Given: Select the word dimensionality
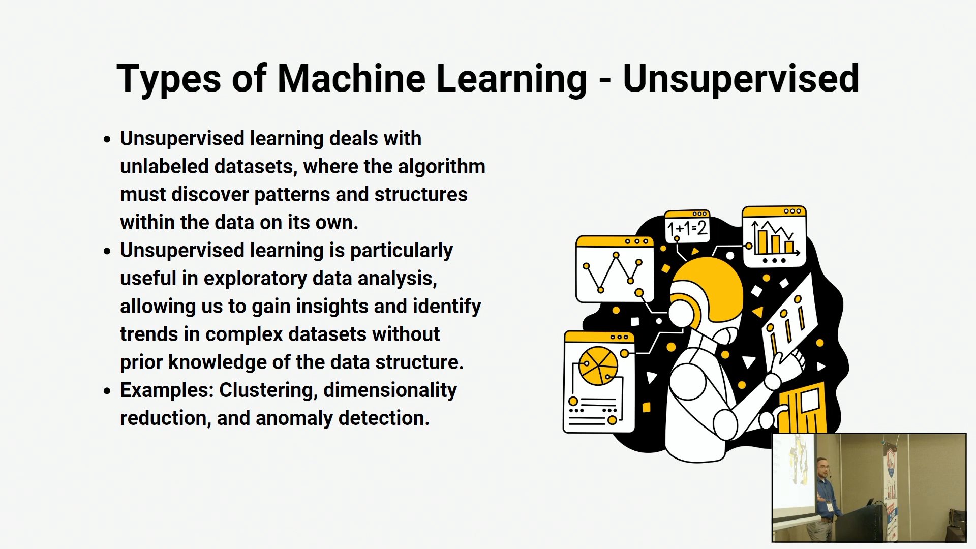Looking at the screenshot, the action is coord(390,390).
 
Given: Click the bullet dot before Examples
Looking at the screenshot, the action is coord(107,391).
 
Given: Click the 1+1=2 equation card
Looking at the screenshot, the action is coord(687,227).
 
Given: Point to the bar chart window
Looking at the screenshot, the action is coord(774,236).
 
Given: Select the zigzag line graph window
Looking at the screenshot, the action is coord(615,269).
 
